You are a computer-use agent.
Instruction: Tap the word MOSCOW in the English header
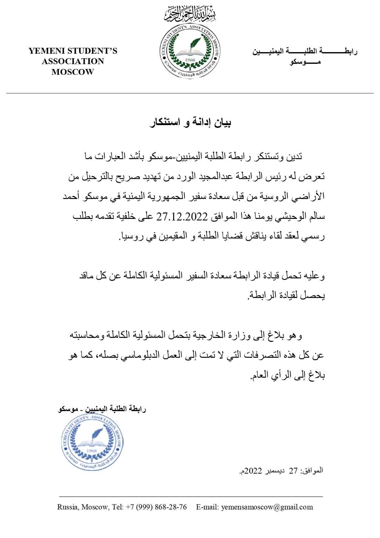(73, 72)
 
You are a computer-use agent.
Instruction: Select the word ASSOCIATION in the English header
(73, 62)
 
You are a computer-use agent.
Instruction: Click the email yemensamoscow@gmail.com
(267, 507)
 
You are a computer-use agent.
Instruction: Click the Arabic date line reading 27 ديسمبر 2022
(281, 471)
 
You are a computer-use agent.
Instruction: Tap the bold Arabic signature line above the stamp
(102, 409)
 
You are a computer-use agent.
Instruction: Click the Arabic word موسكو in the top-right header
(304, 62)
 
